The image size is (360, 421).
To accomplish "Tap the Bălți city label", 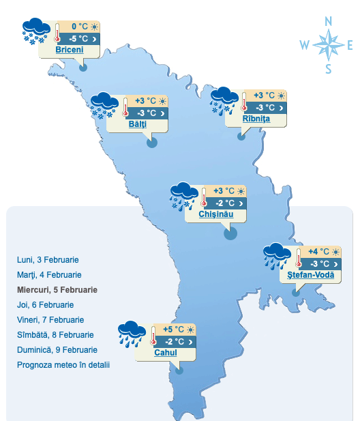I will pyautogui.click(x=137, y=125).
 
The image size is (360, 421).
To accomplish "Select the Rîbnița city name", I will pyautogui.click(x=256, y=119).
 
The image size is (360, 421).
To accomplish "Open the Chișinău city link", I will pyautogui.click(x=216, y=214).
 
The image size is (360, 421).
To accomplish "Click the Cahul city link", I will pyautogui.click(x=166, y=353).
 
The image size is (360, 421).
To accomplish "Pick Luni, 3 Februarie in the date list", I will pyautogui.click(x=48, y=260).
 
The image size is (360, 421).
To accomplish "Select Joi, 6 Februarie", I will pyautogui.click(x=45, y=305).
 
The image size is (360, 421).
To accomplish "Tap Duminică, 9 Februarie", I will pyautogui.click(x=57, y=350).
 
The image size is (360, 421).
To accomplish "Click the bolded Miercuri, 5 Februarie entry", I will pyautogui.click(x=57, y=290).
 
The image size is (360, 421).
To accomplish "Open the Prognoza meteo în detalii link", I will pyautogui.click(x=63, y=365).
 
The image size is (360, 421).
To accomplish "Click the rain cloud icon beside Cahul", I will pyautogui.click(x=130, y=331).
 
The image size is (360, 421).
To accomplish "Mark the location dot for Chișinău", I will pyautogui.click(x=230, y=233).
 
